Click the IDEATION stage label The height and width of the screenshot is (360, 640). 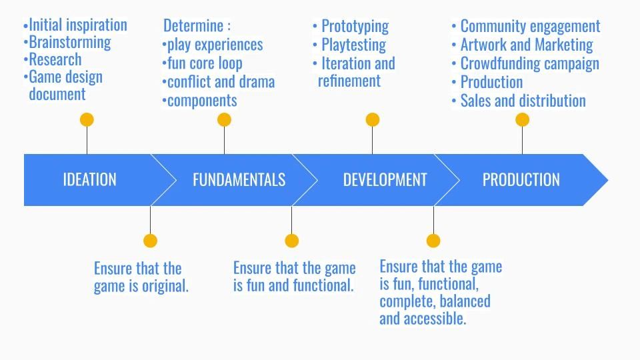pyautogui.click(x=89, y=180)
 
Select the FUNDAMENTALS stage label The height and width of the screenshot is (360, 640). pyautogui.click(x=239, y=180)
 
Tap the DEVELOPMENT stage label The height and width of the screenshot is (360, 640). pyautogui.click(x=385, y=180)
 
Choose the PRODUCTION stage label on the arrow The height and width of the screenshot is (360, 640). pyautogui.click(x=521, y=180)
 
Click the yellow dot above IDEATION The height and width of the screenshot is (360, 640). pyautogui.click(x=87, y=120)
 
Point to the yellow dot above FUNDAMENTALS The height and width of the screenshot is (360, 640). pyautogui.click(x=224, y=120)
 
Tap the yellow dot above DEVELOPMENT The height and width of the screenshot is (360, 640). pyautogui.click(x=373, y=120)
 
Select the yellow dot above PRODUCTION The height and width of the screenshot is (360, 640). pyautogui.click(x=523, y=120)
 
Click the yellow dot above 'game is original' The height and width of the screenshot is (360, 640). pyautogui.click(x=151, y=241)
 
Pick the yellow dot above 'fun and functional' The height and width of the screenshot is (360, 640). pyautogui.click(x=291, y=241)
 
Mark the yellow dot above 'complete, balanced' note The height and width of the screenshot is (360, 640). pyautogui.click(x=433, y=241)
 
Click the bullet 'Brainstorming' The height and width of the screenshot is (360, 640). pyautogui.click(x=69, y=42)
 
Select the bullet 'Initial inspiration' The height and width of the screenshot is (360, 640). pyautogui.click(x=77, y=25)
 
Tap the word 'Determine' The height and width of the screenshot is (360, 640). pyautogui.click(x=193, y=27)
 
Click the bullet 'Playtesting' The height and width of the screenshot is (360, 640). pyautogui.click(x=353, y=45)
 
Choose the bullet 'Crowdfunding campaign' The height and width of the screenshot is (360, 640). pyautogui.click(x=529, y=64)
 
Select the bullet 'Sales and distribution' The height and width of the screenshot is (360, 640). pyautogui.click(x=523, y=101)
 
